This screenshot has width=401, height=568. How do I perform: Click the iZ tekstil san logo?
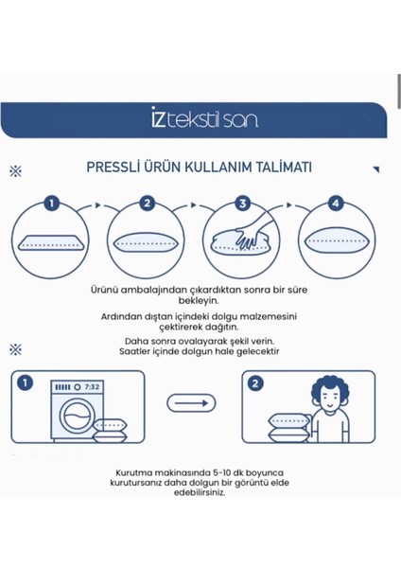coord(204,117)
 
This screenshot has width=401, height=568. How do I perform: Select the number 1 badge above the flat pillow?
coord(52,203)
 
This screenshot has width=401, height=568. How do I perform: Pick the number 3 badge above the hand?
coord(243,203)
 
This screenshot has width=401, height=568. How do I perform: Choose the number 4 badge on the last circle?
coord(336,203)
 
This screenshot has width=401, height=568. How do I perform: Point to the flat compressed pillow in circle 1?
coord(51,242)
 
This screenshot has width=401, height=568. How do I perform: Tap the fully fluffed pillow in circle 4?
coord(337,240)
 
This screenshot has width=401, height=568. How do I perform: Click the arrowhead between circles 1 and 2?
coord(97,205)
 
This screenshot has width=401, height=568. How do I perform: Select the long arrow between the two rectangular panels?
coord(191,403)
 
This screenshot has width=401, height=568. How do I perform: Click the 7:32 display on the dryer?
coord(92,387)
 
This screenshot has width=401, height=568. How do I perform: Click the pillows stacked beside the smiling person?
coord(288,428)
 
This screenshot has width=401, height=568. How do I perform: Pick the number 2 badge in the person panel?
coord(255,383)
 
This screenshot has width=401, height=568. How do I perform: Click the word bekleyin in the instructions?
coord(199,300)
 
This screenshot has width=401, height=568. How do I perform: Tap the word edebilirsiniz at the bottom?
coord(200,492)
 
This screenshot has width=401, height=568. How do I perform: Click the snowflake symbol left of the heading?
coord(15,171)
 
